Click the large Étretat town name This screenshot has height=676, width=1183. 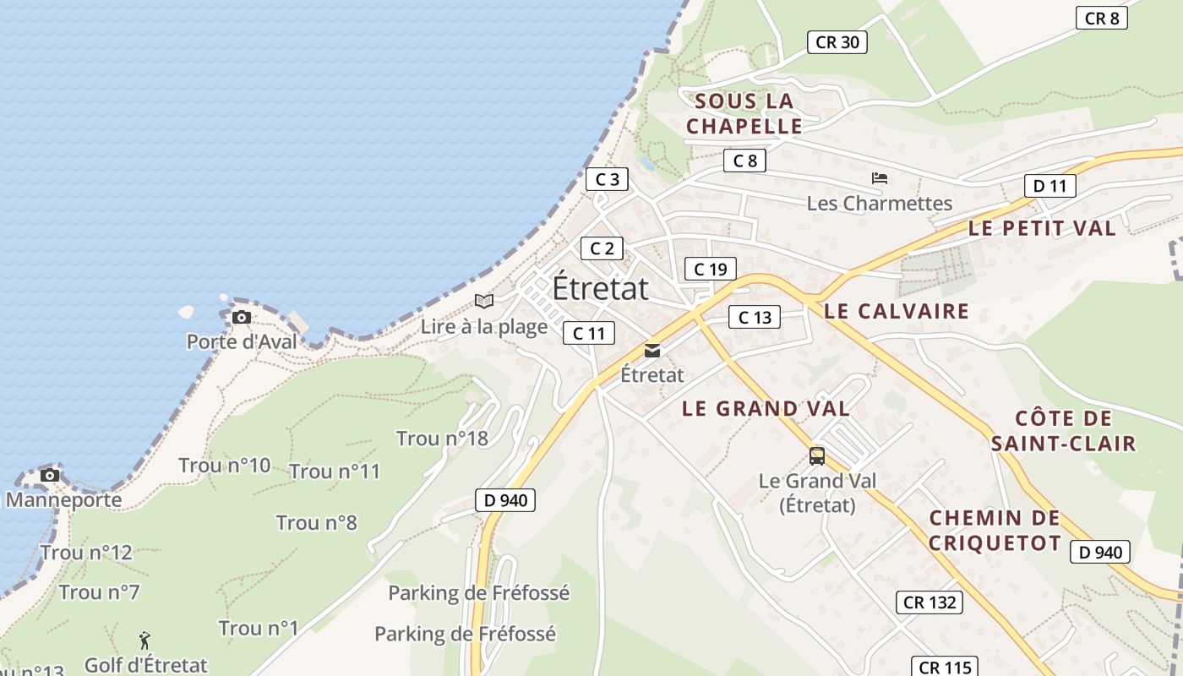click(x=601, y=288)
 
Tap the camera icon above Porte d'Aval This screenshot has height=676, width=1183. click(x=242, y=318)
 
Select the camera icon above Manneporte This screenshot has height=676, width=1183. click(x=50, y=475)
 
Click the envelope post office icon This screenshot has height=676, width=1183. click(x=651, y=350)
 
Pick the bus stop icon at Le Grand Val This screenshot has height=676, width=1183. click(x=816, y=456)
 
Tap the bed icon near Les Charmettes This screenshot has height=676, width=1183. click(x=880, y=178)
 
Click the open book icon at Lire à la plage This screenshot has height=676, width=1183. click(x=483, y=301)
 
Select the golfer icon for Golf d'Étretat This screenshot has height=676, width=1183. click(x=144, y=641)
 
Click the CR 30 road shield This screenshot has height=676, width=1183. click(x=837, y=42)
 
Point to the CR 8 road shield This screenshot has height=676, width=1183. click(x=1102, y=18)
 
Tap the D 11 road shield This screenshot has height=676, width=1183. click(x=1049, y=186)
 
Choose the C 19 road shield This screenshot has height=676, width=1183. click(x=710, y=270)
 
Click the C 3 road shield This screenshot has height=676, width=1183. click(x=607, y=179)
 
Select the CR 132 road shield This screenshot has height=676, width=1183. click(x=929, y=602)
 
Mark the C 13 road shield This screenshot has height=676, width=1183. click(x=755, y=318)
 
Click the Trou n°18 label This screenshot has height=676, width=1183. click(x=442, y=439)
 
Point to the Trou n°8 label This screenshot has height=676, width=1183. click(x=317, y=523)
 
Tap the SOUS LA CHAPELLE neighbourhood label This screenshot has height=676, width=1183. click(x=744, y=114)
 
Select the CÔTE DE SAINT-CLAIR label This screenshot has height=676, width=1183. click(x=1063, y=431)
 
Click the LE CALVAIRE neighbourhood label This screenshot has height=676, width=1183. click(x=896, y=311)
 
